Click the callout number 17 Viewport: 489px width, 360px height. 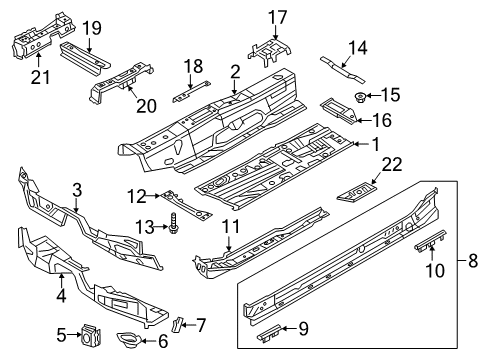pos(278,17)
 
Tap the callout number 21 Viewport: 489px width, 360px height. pos(40,77)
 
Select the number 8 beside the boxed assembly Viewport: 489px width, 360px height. pos(473,260)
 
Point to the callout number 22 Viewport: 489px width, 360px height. pos(392,165)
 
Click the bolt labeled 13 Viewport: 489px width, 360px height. pos(174,223)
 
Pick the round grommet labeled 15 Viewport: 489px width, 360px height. pos(360,97)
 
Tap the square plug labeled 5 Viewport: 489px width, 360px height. pos(91,334)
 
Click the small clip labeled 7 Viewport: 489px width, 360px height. pos(178,324)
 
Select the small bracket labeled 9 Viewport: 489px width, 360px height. pos(269,332)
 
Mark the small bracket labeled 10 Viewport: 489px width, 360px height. pos(430,240)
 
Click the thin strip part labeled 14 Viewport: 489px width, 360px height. pos(343,70)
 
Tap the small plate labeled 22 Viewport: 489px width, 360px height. pos(357,192)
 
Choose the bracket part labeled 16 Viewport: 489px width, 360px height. pos(339,111)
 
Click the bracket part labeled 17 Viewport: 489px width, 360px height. pos(269,52)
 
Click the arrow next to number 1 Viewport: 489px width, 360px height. pos(361,144)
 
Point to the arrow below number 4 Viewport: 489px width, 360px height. pos(61,280)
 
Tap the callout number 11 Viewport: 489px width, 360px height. pos(230,227)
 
